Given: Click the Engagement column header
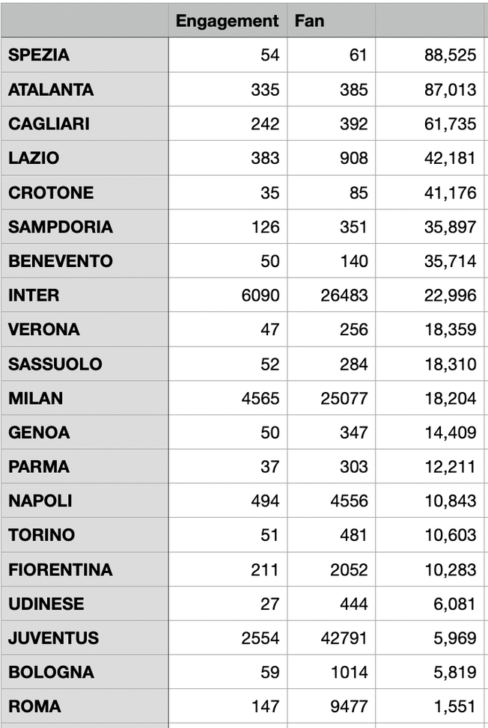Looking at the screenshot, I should (227, 21).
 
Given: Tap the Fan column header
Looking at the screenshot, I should (309, 21).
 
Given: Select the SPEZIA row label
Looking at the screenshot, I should (39, 55).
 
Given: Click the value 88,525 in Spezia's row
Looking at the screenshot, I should (450, 55).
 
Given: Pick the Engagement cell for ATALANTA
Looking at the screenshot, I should (265, 90).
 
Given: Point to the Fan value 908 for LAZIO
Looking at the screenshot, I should (353, 159).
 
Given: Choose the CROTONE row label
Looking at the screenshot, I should (51, 193).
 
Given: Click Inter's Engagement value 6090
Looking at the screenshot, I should (260, 296).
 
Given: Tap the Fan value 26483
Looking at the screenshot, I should (344, 296).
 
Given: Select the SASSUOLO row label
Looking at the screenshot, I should (55, 364).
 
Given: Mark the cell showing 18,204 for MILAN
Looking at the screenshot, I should (450, 399).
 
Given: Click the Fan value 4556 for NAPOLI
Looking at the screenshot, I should (349, 501).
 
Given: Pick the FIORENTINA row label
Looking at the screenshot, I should (61, 570).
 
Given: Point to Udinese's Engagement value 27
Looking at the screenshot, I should (269, 605).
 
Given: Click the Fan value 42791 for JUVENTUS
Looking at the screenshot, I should (344, 639).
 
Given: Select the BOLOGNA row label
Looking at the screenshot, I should (51, 673).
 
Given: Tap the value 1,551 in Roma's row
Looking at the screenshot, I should (454, 707).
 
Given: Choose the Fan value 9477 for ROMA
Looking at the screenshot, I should (349, 707).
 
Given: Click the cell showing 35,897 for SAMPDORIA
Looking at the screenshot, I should (450, 227).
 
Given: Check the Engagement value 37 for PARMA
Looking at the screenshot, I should (269, 468).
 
